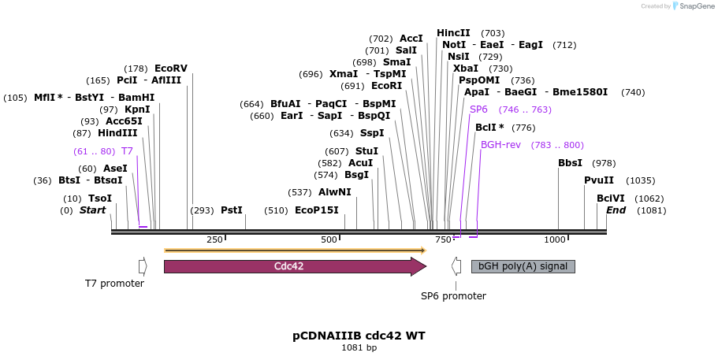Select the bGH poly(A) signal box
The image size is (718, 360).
point(523,266)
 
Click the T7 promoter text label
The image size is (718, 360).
point(114,284)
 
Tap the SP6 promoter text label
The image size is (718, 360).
point(453,296)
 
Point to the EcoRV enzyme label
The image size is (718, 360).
point(171,69)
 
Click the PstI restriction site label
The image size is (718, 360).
point(232,210)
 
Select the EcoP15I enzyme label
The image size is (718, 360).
point(316,210)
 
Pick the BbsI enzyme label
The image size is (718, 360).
point(570,163)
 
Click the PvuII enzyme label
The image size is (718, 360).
point(599,180)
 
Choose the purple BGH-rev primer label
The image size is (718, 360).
point(501,145)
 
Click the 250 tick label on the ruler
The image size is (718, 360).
point(214,239)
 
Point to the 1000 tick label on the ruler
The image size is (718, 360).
point(555,239)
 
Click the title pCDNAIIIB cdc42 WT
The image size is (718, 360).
point(359,336)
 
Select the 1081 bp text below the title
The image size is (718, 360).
point(359,347)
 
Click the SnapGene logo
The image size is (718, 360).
point(692,6)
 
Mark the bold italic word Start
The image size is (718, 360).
point(92,210)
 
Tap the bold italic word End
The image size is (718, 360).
point(616,210)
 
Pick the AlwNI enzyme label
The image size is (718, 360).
point(335,192)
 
